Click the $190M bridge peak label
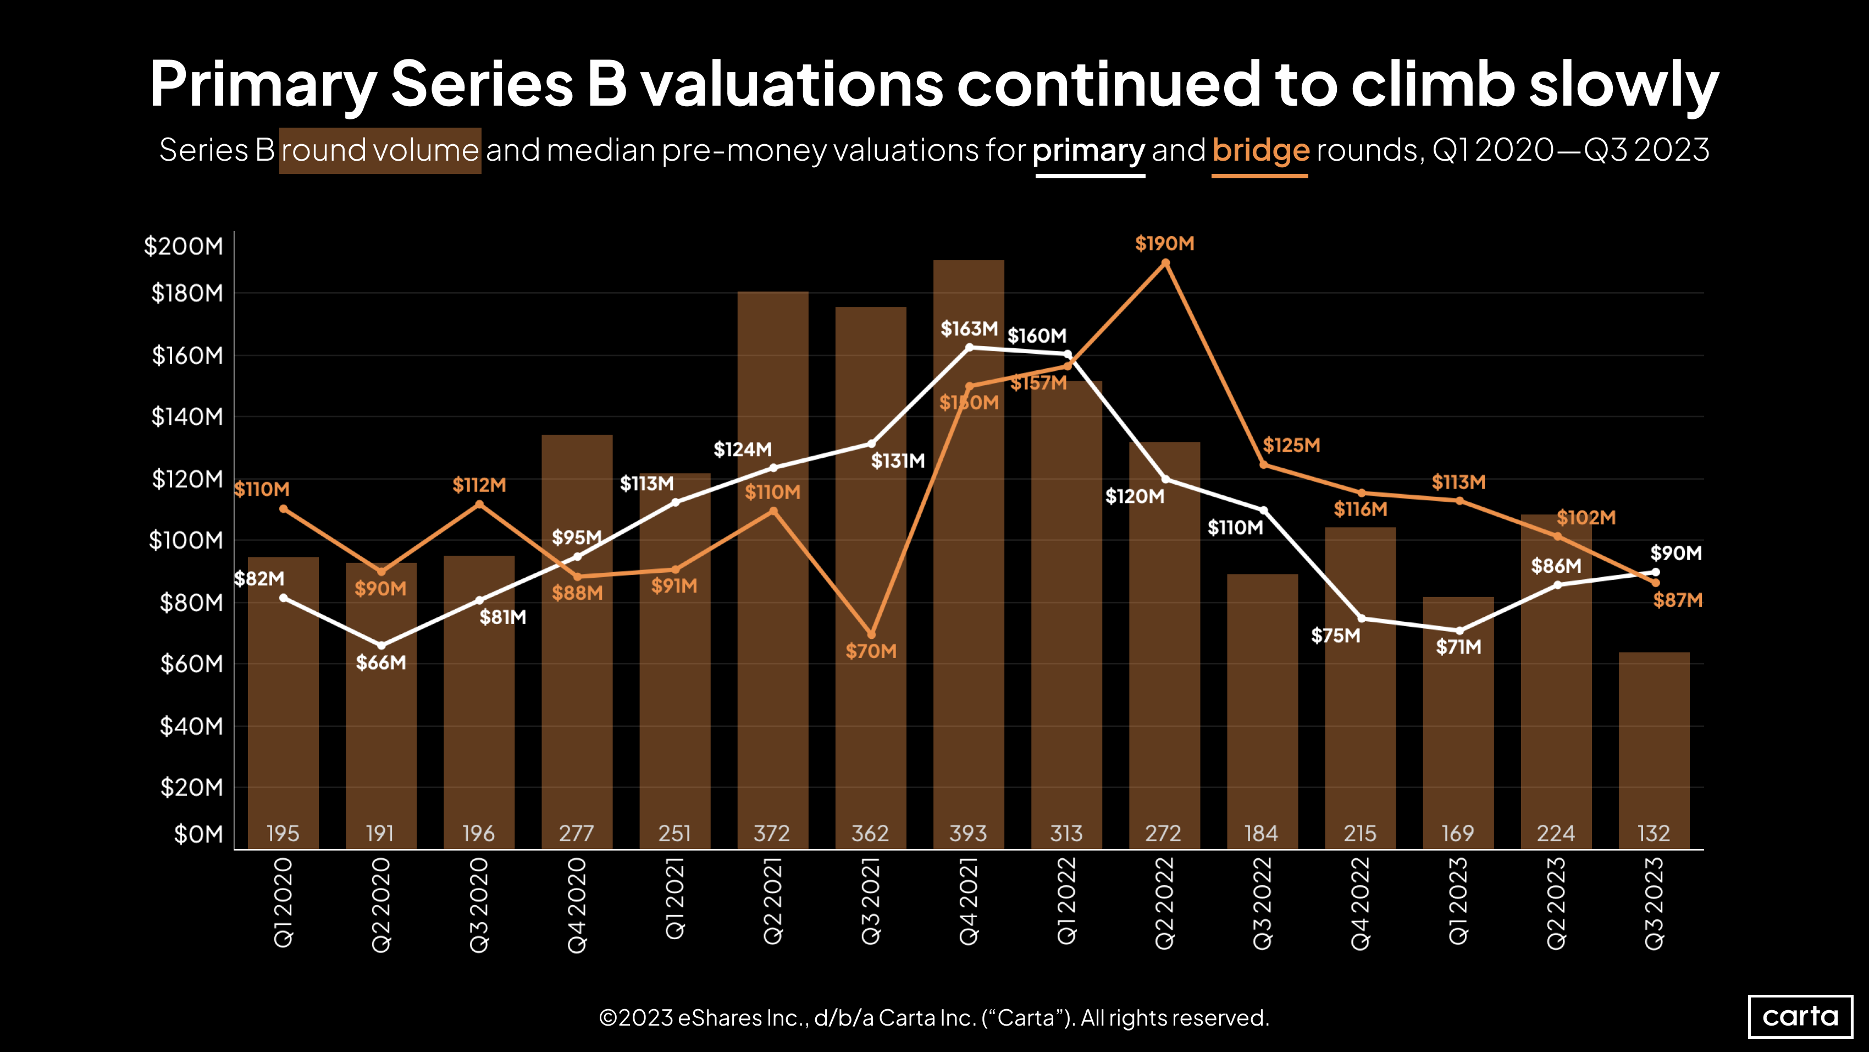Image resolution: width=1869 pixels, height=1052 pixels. pyautogui.click(x=1164, y=243)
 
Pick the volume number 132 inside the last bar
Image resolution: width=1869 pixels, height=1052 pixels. pyautogui.click(x=1654, y=833)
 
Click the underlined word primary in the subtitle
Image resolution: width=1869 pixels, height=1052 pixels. pyautogui.click(x=1088, y=150)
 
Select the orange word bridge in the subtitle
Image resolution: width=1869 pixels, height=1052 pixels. pyautogui.click(x=1260, y=150)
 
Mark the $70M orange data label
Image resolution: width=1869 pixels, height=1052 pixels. pyautogui.click(x=871, y=650)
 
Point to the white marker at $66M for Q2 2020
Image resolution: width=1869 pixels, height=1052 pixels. pyautogui.click(x=381, y=645)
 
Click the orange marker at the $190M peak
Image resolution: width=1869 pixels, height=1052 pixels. pyautogui.click(x=1165, y=263)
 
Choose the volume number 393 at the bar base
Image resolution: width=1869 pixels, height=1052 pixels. pyautogui.click(x=969, y=833)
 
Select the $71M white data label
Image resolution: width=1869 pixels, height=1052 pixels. pyautogui.click(x=1458, y=646)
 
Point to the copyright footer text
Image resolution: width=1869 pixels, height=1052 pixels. pyautogui.click(x=934, y=1017)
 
